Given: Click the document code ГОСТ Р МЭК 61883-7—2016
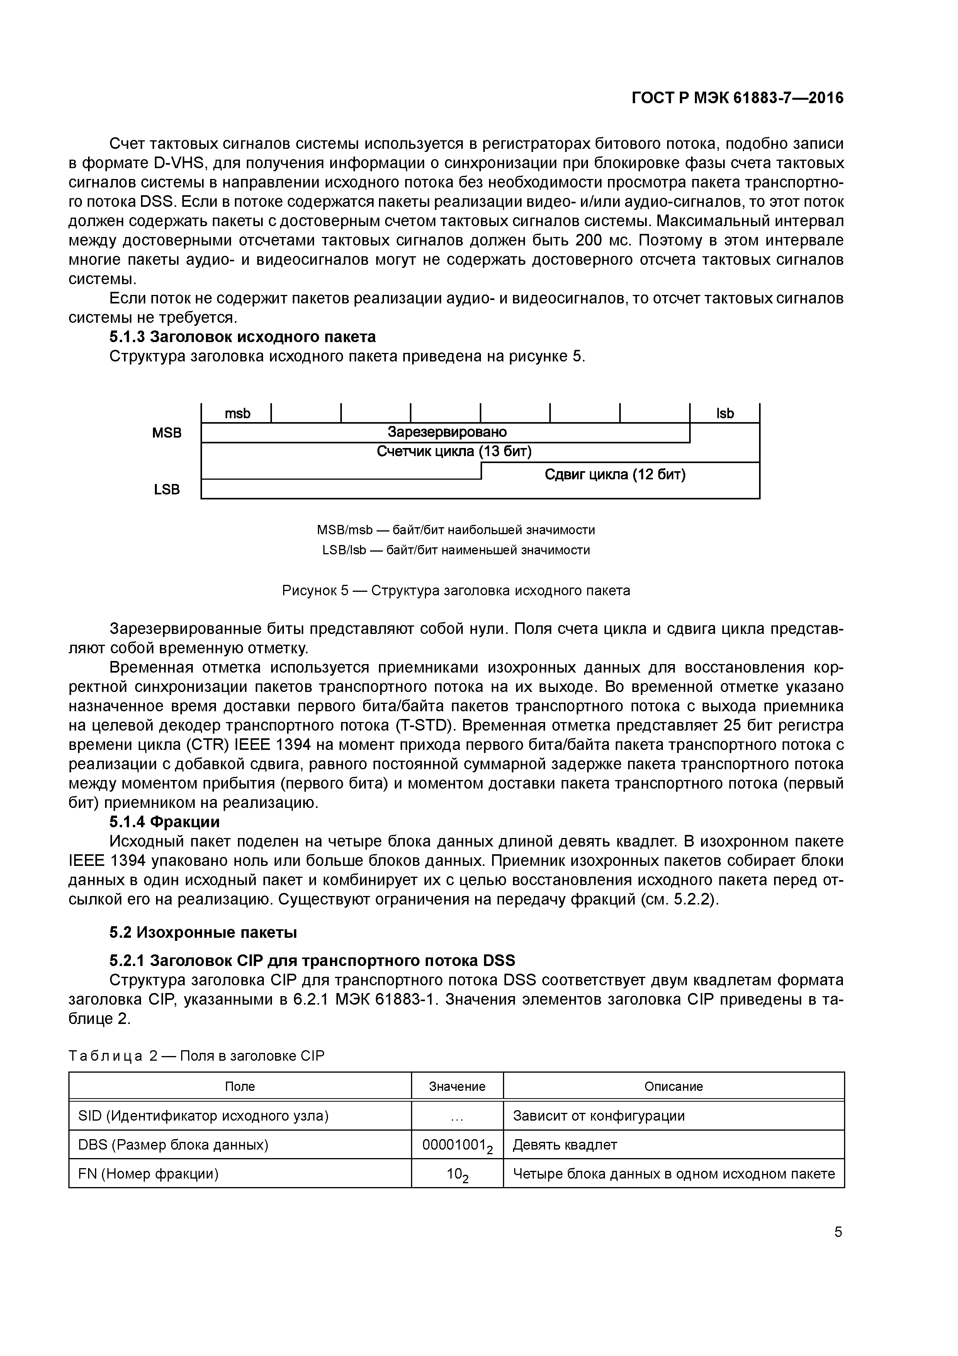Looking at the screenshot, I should click(x=737, y=97).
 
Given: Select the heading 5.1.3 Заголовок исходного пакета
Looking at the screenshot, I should click(x=243, y=337).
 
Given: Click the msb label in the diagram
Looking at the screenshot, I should click(x=237, y=414).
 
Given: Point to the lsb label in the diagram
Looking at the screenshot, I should click(x=725, y=414).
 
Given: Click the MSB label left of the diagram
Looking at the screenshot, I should click(x=167, y=433).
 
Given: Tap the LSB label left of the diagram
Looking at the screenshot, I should click(x=167, y=490).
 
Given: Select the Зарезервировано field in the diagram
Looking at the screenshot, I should click(x=447, y=432).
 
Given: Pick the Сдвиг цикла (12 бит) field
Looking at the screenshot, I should click(x=615, y=474).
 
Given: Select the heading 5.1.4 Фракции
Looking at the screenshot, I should click(x=165, y=822).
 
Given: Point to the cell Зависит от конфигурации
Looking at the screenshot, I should click(x=598, y=1116).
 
